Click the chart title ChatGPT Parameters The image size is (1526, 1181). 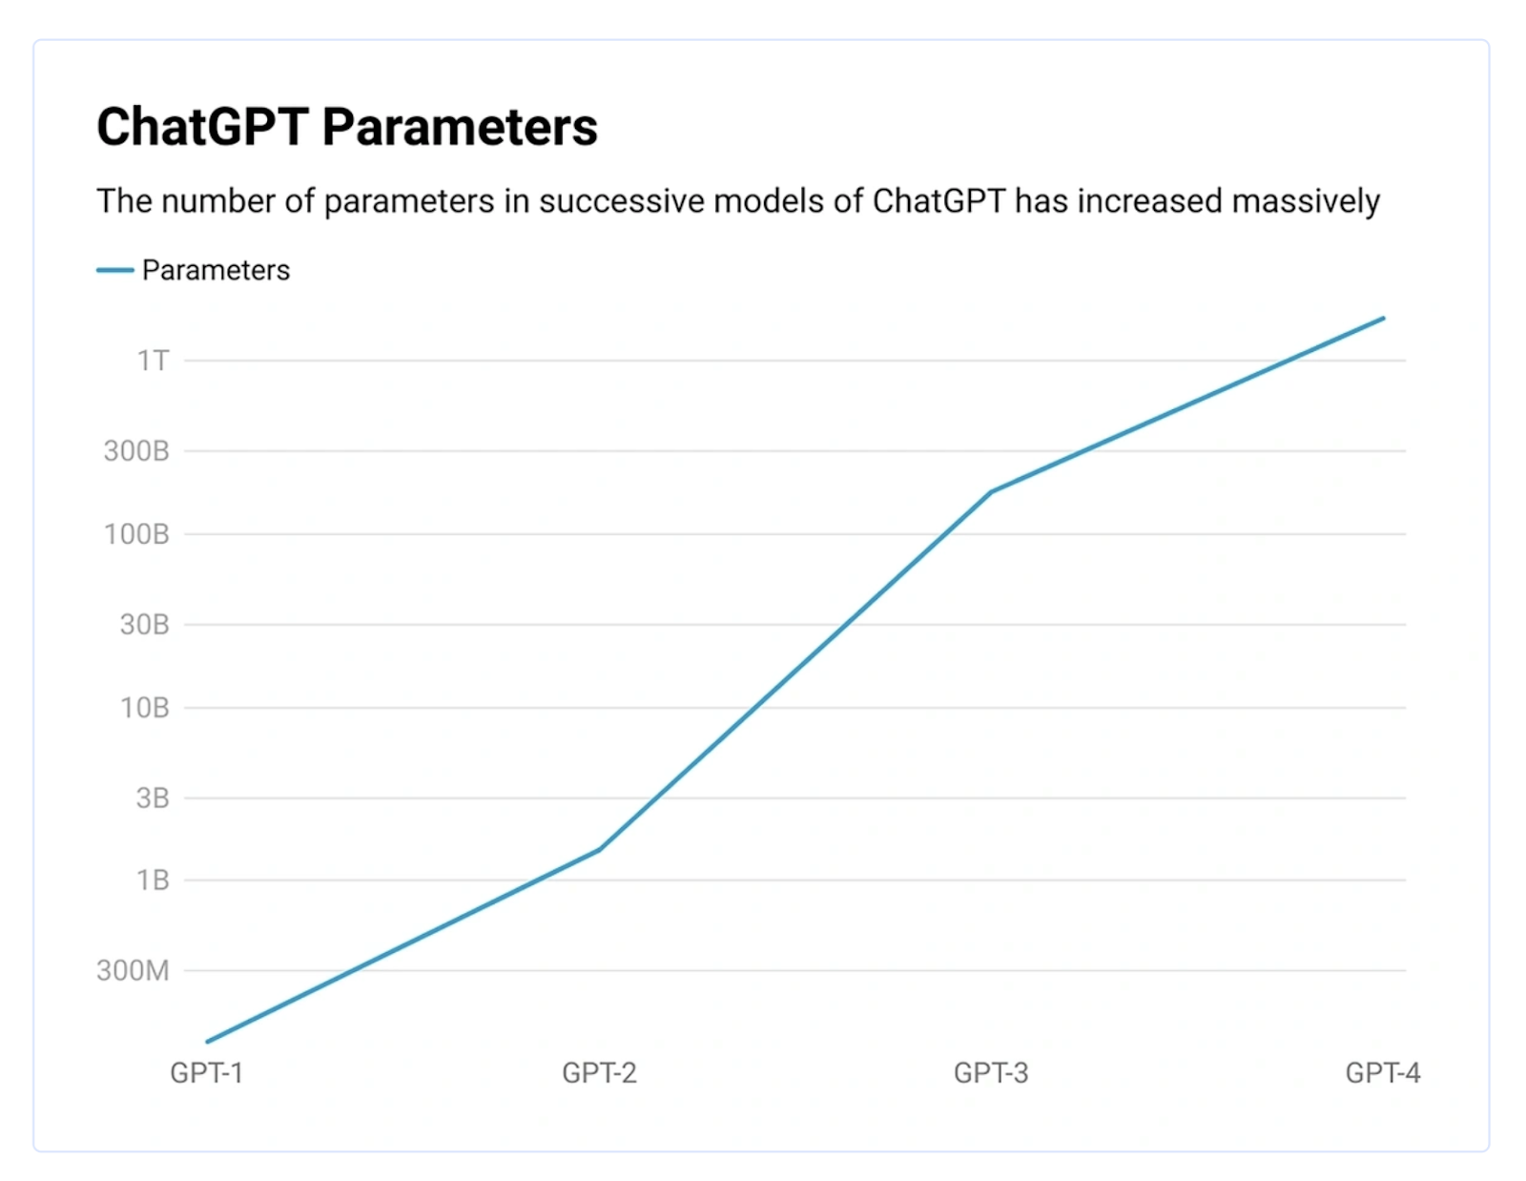tap(346, 127)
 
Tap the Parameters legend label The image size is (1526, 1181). tap(216, 270)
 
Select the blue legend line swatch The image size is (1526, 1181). tap(114, 270)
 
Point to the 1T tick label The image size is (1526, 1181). tap(153, 361)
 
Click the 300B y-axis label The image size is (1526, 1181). tap(136, 450)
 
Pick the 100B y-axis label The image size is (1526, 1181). tap(136, 534)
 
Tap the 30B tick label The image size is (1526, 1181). tap(144, 625)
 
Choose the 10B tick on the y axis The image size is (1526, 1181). tap(144, 708)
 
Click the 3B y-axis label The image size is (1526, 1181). tap(153, 798)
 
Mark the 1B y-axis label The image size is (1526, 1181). tap(153, 880)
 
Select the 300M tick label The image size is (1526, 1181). tap(133, 970)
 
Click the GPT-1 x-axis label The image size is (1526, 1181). tap(207, 1073)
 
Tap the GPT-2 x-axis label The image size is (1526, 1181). tap(599, 1073)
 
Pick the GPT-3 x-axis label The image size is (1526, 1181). tap(991, 1073)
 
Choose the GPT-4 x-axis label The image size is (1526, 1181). tap(1383, 1073)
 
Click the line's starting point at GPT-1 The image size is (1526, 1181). tap(208, 1041)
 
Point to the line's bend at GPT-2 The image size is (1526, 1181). tap(599, 849)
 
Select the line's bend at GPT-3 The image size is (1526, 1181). tap(991, 492)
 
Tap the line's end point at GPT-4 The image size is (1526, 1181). tap(1383, 319)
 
